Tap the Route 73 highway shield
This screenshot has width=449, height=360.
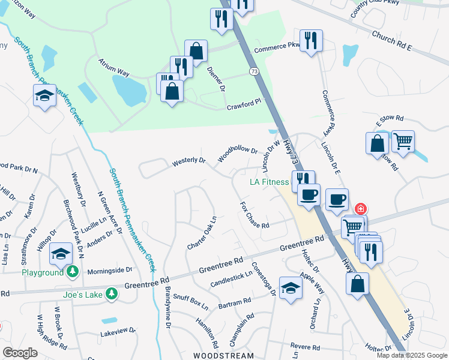255,71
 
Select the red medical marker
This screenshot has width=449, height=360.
360,209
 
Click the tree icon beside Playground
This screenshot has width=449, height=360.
72,272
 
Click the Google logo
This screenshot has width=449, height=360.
20,353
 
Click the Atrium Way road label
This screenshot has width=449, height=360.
114,73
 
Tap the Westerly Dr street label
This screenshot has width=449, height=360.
188,161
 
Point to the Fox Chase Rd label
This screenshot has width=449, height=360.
254,215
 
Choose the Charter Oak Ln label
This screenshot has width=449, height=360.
202,235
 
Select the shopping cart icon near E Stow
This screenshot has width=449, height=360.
403,142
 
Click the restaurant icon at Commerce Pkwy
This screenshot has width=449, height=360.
311,41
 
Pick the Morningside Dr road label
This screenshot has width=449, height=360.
109,270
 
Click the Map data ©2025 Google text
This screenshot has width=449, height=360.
412,355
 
